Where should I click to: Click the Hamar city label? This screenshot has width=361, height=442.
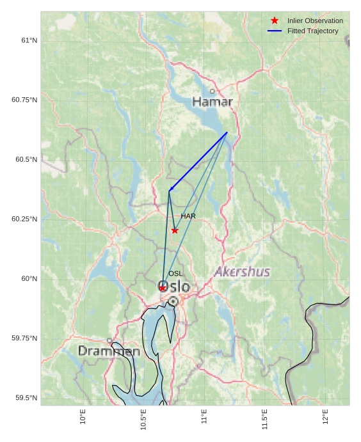tap(213, 102)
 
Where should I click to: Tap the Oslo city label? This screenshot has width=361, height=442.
tap(174, 287)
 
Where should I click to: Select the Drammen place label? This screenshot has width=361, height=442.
tap(109, 351)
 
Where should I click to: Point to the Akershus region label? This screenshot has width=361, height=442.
tap(242, 272)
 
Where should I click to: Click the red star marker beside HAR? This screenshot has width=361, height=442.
tap(175, 230)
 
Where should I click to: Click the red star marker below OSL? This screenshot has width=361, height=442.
tap(163, 288)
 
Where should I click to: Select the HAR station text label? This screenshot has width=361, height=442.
tap(188, 216)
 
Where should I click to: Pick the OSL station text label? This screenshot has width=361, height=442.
tap(175, 274)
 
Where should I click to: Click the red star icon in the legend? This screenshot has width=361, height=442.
tap(275, 20)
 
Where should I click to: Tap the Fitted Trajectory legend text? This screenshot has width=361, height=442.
tap(312, 31)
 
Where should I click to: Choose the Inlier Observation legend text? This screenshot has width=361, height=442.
tap(315, 20)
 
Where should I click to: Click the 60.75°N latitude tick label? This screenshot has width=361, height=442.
tap(24, 100)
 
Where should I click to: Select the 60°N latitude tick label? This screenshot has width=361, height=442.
tap(29, 278)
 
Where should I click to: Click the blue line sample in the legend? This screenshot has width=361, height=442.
tap(275, 31)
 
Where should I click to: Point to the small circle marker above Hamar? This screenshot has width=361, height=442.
tap(213, 91)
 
